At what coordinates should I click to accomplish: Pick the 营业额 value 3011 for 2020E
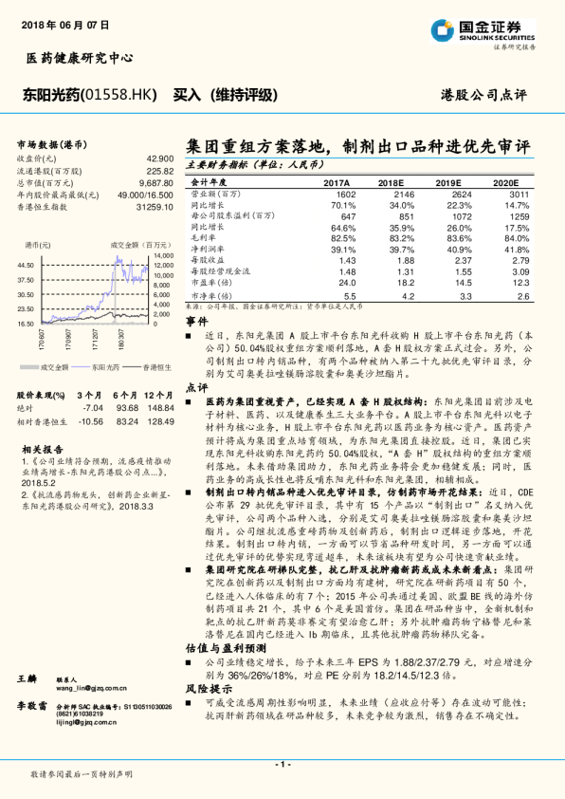[517, 193]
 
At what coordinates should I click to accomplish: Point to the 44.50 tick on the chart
[27, 265]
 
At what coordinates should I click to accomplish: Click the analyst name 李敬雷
[34, 706]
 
